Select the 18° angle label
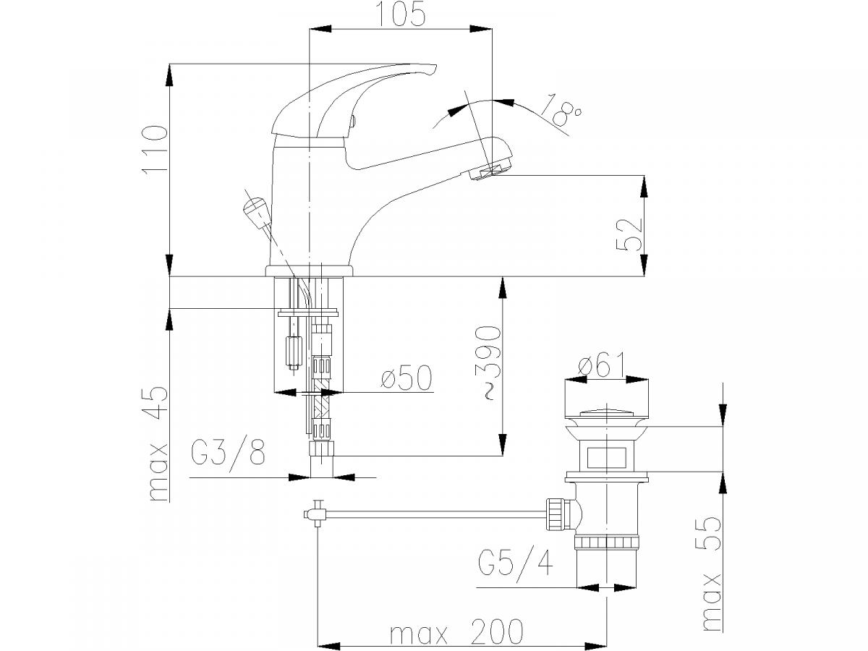pyautogui.click(x=561, y=111)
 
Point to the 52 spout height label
pyautogui.click(x=629, y=234)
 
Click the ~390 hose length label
pyautogui.click(x=490, y=363)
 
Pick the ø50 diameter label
pyautogui.click(x=407, y=378)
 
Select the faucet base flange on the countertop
pyautogui.click(x=309, y=271)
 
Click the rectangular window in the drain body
pyautogui.click(x=606, y=458)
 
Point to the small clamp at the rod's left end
pyautogui.click(x=315, y=514)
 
